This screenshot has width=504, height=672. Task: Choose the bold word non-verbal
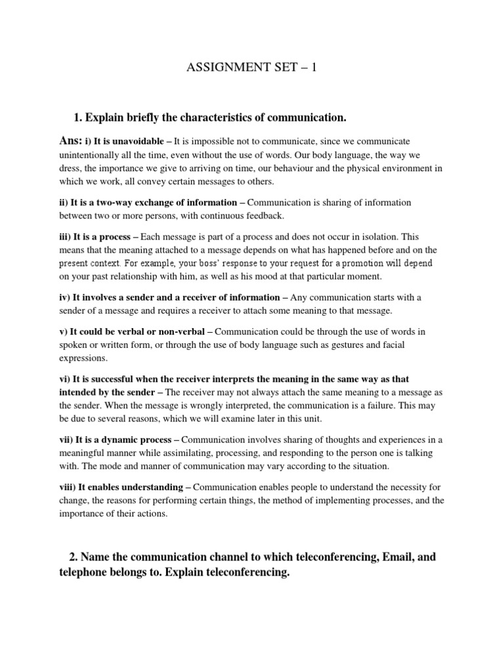[185, 329]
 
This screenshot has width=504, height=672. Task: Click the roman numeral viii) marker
[67, 487]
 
